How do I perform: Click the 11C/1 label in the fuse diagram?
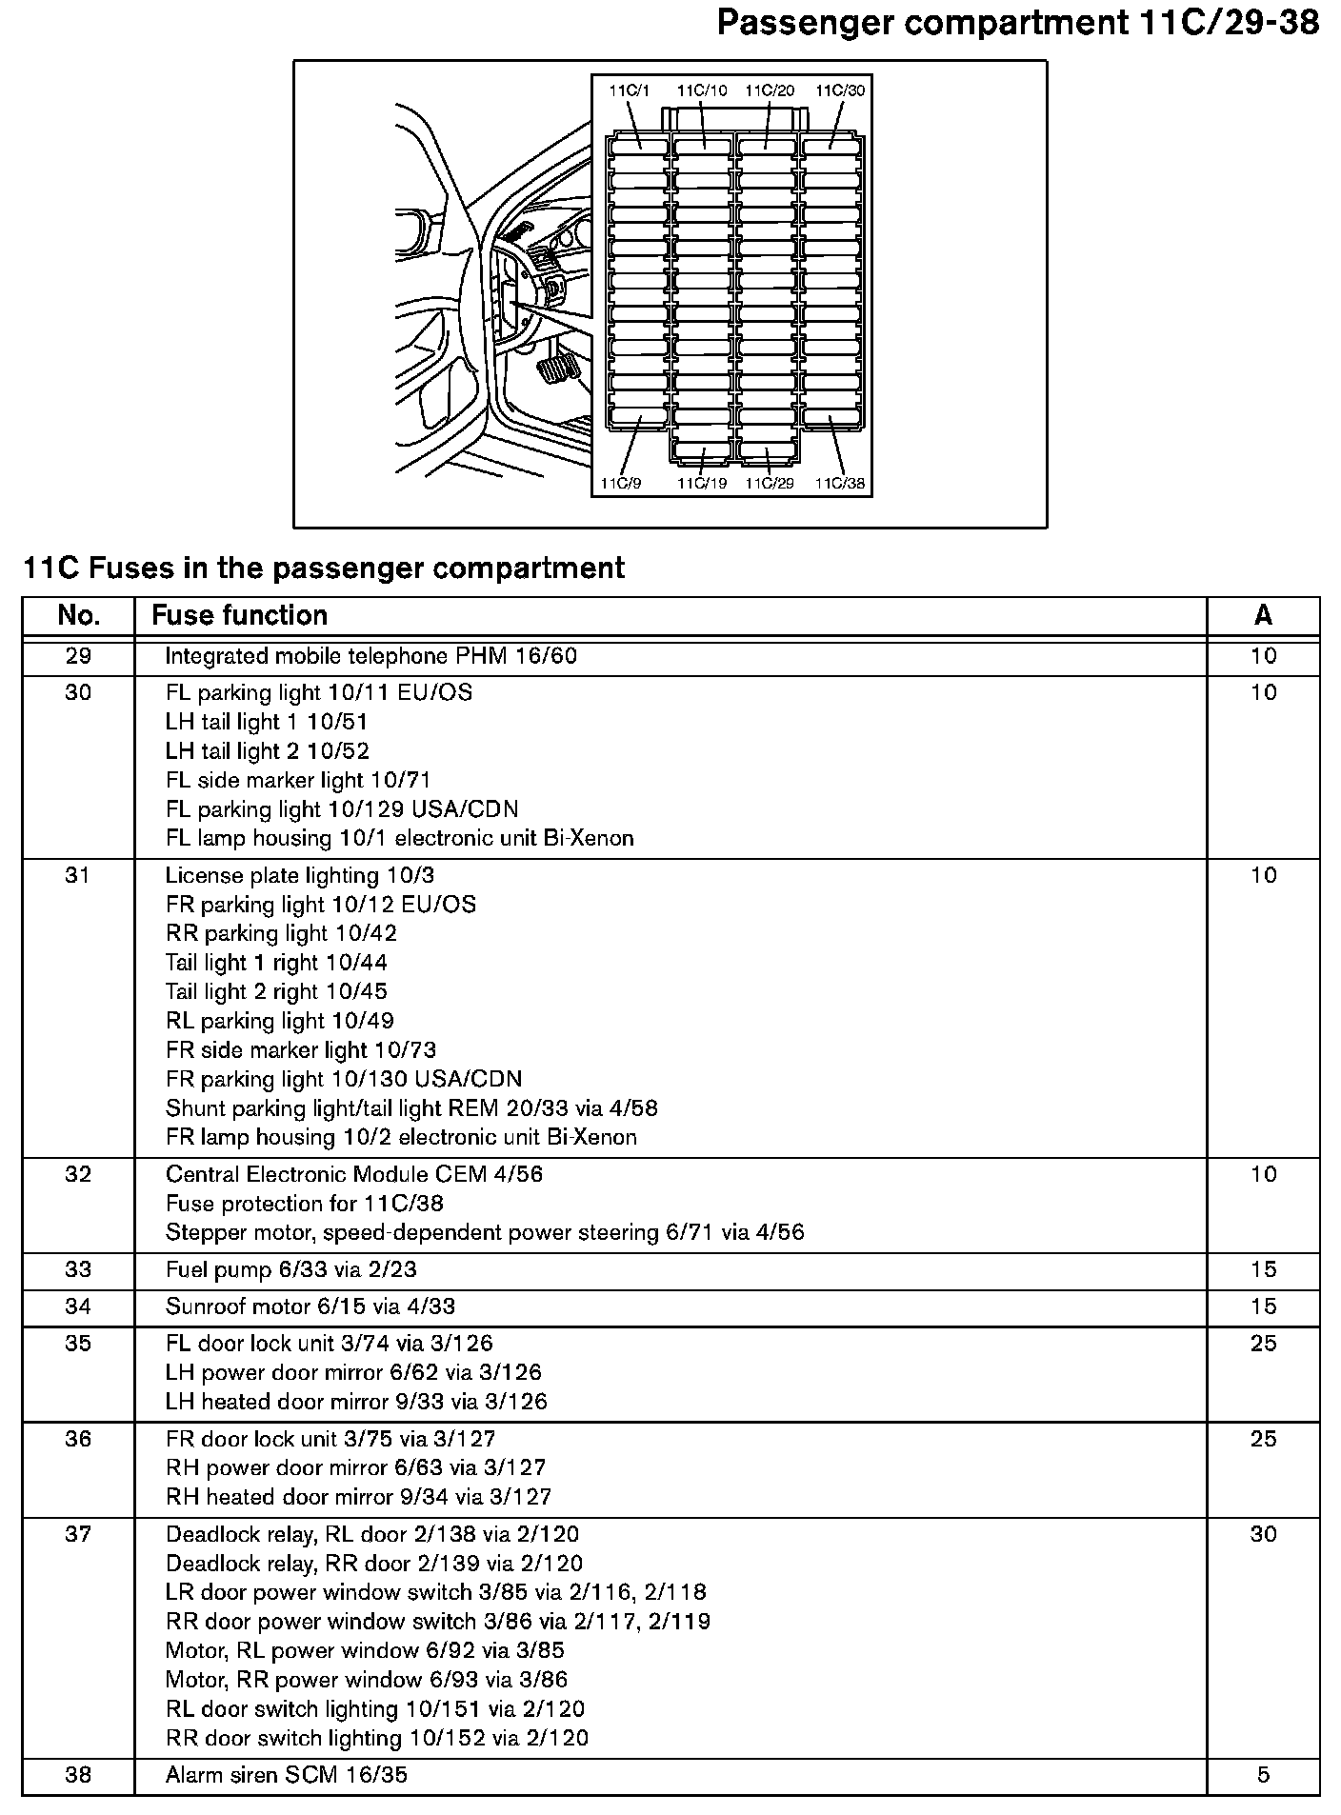click(629, 90)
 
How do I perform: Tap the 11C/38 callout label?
click(840, 484)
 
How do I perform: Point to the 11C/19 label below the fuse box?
click(702, 484)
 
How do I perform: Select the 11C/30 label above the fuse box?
click(840, 90)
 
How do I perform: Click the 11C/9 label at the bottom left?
click(621, 484)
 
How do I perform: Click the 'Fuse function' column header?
click(239, 615)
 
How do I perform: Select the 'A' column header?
click(1263, 615)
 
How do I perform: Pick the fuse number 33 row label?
click(78, 1269)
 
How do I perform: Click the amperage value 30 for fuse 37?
click(1263, 1534)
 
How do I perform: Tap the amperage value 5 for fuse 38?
click(1263, 1775)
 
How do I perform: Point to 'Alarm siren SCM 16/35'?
click(287, 1775)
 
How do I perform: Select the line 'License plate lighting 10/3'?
click(299, 875)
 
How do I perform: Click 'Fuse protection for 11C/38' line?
click(305, 1204)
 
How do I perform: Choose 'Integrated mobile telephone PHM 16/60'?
click(370, 656)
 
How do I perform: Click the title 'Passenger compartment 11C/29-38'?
click(1017, 23)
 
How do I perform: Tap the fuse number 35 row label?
click(78, 1344)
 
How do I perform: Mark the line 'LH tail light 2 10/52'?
click(267, 751)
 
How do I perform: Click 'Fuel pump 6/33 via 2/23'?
click(290, 1269)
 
